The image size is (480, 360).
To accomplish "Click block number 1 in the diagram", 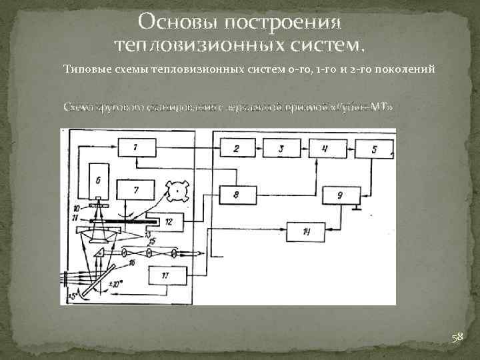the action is tap(136, 147).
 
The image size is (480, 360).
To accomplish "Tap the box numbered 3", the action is tap(281, 149).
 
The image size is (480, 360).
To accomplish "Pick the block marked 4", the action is tap(325, 149).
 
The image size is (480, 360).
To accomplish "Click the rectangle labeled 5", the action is tap(374, 149).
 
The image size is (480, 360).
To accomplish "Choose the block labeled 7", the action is tap(136, 190).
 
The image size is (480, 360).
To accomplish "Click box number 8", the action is tap(236, 195).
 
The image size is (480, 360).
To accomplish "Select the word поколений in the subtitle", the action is tap(405, 69).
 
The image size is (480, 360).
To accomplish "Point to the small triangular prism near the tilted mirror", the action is tap(100, 253).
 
